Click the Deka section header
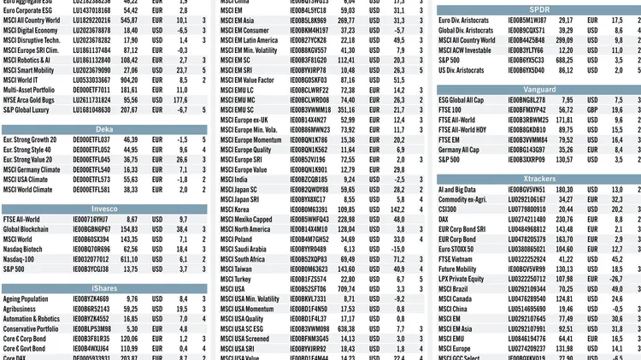point(104,129)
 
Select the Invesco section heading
point(104,209)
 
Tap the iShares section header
point(104,288)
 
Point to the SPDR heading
point(538,9)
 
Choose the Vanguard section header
point(538,89)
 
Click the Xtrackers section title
point(538,179)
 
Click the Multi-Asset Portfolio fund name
point(31,89)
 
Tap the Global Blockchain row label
point(26,229)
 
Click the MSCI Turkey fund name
point(236,279)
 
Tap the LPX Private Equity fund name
point(462,279)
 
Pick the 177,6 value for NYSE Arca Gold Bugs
point(180,100)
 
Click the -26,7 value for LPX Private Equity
point(615,279)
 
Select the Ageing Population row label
point(26,299)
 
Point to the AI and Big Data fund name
point(458,190)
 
